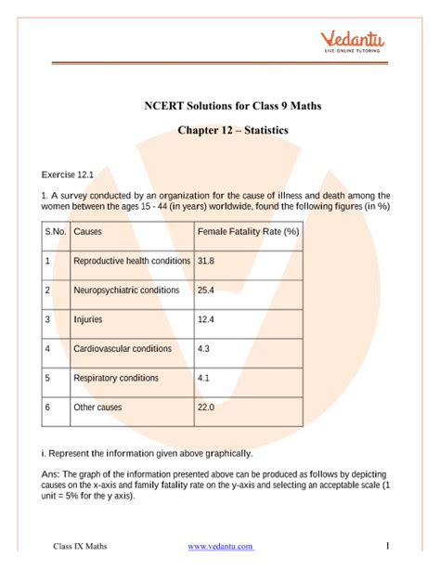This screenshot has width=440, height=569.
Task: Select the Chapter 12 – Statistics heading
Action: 220,131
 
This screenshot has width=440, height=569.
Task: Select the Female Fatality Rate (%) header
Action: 248,231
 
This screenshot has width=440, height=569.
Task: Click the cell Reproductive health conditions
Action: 132,262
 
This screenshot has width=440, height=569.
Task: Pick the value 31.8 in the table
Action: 205,262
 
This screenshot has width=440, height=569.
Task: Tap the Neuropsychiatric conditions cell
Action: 126,291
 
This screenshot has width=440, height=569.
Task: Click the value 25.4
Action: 205,291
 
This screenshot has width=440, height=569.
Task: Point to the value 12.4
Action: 205,320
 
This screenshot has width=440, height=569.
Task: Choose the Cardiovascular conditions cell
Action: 123,349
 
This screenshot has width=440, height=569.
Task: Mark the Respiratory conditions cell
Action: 117,379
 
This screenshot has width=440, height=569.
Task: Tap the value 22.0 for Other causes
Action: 205,407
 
